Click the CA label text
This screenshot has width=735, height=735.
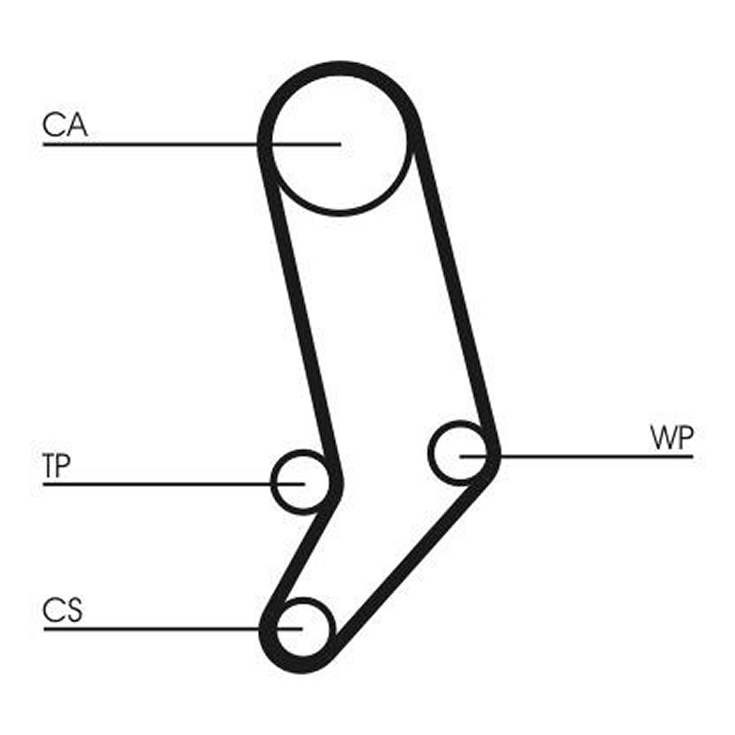coord(65,125)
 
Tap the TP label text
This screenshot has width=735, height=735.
coord(57,466)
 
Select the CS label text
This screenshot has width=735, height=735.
coord(62,610)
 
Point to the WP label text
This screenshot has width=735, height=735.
coord(672,438)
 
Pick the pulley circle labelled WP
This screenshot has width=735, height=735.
coord(430,453)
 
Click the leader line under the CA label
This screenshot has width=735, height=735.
coord(192,145)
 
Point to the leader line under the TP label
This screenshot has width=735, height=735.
coord(173,484)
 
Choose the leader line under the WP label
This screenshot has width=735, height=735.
coord(576,456)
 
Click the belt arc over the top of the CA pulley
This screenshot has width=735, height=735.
coord(339,68)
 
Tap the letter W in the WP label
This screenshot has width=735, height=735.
coord(662,438)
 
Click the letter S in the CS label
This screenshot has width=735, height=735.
coord(73,610)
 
